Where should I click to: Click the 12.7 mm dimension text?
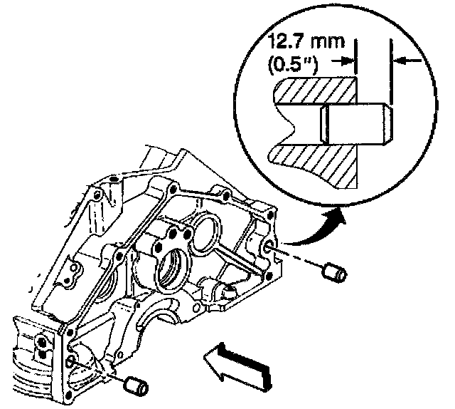pyautogui.click(x=306, y=41)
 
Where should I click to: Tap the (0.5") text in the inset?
pyautogui.click(x=293, y=65)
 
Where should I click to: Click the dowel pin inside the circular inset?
pyautogui.click(x=356, y=124)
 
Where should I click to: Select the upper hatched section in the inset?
pyautogui.click(x=316, y=90)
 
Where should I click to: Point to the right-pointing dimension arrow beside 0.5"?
pyautogui.click(x=343, y=61)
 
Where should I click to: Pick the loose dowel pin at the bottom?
pyautogui.click(x=136, y=387)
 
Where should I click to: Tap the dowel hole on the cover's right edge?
pyautogui.click(x=269, y=246)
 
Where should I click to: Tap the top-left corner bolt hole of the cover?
pyautogui.click(x=114, y=177)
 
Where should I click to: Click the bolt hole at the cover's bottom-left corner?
pyautogui.click(x=68, y=395)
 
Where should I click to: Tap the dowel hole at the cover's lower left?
pyautogui.click(x=70, y=361)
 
